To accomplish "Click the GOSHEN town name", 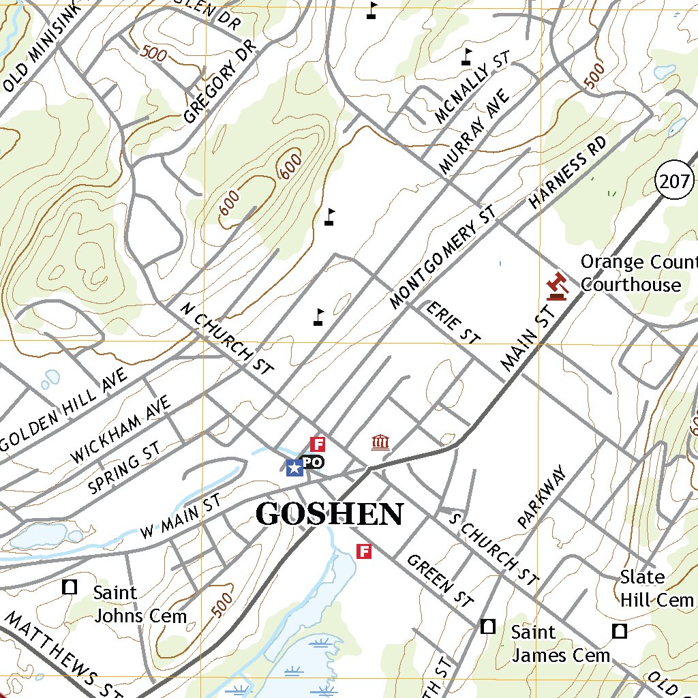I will pyautogui.click(x=329, y=515).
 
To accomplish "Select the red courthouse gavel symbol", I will pyautogui.click(x=558, y=286).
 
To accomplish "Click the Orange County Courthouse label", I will pyautogui.click(x=638, y=273).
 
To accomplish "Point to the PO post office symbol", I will pyautogui.click(x=312, y=462).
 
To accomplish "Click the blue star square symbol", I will pyautogui.click(x=294, y=468).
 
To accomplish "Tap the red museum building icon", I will pyautogui.click(x=380, y=444).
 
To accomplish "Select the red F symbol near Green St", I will pyautogui.click(x=365, y=551).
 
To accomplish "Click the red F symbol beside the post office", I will pyautogui.click(x=318, y=444).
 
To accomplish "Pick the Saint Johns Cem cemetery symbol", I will pyautogui.click(x=70, y=587).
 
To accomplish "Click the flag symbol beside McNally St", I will pyautogui.click(x=466, y=57).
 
